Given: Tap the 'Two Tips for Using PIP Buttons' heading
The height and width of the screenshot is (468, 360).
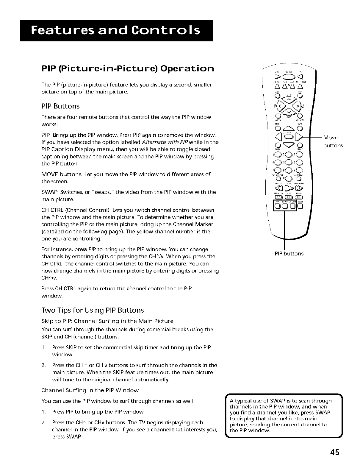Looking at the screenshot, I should pyautogui.click(x=93, y=310).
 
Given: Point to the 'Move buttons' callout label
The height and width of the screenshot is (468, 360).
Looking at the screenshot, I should pyautogui.click(x=333, y=141).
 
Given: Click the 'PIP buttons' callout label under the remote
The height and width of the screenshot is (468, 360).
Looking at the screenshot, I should pyautogui.click(x=289, y=254).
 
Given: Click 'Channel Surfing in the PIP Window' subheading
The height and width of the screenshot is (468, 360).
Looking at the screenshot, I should pyautogui.click(x=90, y=390).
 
